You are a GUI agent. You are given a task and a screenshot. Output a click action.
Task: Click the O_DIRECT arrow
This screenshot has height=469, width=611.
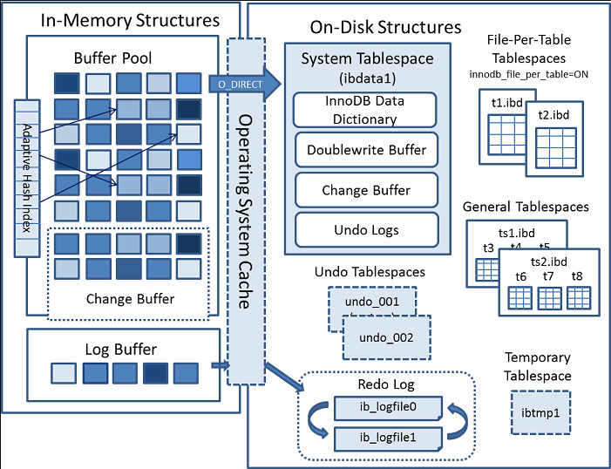point(245,84)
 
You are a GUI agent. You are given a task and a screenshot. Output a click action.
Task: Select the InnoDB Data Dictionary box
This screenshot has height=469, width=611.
point(364,110)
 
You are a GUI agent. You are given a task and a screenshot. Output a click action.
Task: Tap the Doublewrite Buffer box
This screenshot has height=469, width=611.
point(366,150)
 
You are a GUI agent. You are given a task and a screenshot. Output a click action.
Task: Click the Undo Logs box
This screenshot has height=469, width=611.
point(366,230)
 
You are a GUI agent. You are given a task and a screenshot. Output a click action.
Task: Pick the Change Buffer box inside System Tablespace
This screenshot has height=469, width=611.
point(366,190)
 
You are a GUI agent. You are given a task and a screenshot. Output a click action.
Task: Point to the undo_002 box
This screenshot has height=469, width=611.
point(386,337)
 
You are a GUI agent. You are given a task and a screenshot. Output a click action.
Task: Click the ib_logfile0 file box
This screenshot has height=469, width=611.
point(388,408)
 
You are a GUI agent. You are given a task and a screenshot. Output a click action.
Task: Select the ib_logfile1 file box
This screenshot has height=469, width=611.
point(388,438)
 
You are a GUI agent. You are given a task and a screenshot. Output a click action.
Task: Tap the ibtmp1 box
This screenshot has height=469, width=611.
point(540,413)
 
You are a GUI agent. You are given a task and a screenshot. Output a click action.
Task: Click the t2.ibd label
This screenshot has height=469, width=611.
point(553,115)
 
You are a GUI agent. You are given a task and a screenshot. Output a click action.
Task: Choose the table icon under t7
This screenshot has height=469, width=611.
point(549,298)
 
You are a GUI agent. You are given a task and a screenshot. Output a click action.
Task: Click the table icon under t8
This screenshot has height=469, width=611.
point(579,298)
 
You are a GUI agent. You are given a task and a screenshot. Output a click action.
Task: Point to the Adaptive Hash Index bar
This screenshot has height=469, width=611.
point(27,178)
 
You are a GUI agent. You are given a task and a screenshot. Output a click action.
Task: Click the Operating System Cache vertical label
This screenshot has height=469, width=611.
point(244,212)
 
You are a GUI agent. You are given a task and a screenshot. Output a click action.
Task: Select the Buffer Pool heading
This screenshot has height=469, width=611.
point(112,58)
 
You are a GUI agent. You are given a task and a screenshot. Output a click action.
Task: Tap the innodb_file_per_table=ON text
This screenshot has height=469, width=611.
point(529,74)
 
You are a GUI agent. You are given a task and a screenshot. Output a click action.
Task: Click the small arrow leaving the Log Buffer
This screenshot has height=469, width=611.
point(221,365)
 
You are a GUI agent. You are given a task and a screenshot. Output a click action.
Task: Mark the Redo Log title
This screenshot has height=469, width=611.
point(386,384)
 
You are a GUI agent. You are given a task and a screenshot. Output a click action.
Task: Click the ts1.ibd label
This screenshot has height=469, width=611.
point(517,233)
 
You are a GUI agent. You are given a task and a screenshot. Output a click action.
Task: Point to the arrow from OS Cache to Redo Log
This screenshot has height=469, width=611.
point(284,377)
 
